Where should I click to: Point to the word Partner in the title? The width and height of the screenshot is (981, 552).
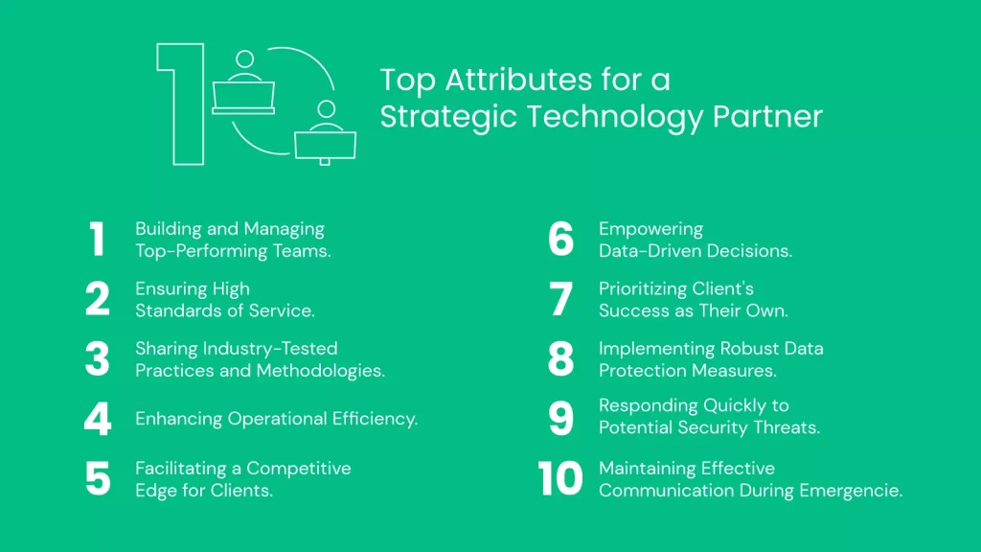pos(766,117)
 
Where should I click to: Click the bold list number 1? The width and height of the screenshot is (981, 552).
pos(97,240)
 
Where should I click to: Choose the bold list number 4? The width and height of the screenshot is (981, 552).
pos(98,420)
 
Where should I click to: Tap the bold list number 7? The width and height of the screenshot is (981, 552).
pos(561,299)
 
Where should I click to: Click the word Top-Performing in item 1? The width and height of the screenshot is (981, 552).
pos(195,251)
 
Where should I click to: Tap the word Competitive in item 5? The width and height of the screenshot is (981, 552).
pos(299,469)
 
